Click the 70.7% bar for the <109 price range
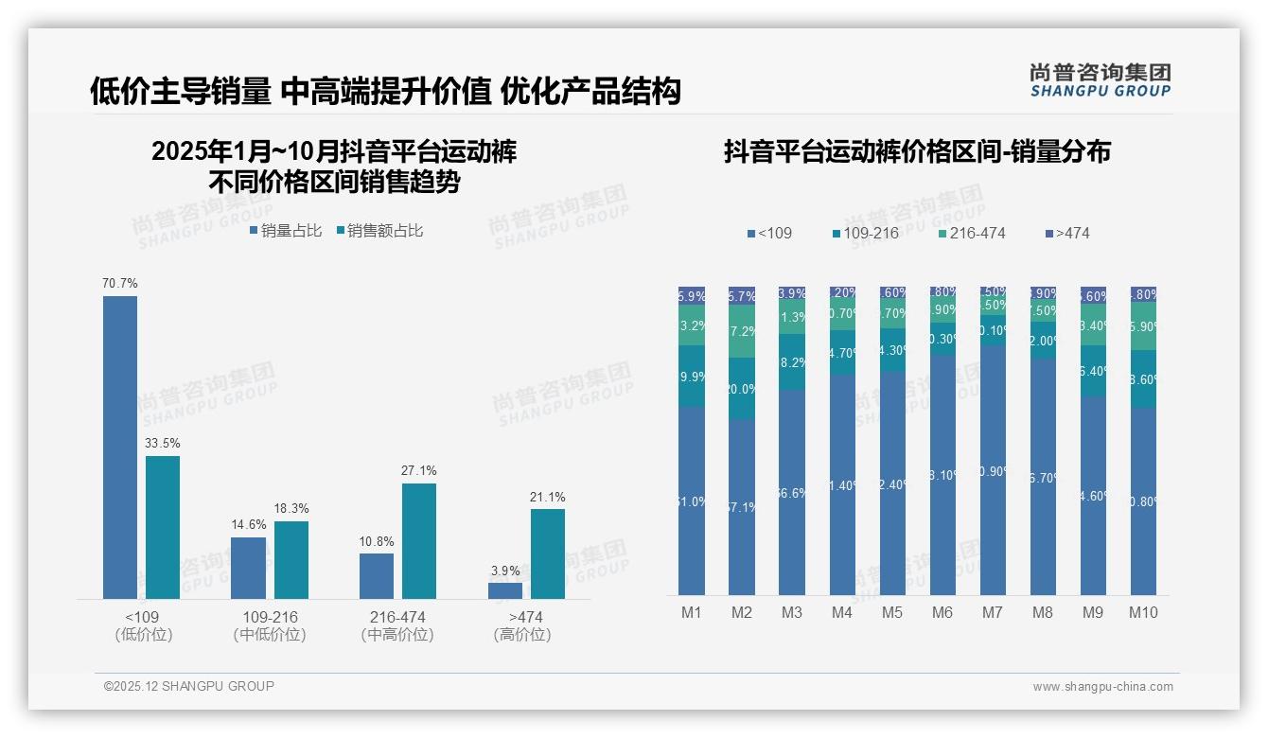[120, 447]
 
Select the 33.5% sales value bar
[163, 527]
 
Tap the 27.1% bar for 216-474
[419, 540]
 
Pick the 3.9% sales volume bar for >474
[505, 590]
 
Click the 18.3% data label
[291, 509]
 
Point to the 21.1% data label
[548, 498]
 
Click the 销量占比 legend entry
[286, 231]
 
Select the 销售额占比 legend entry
[379, 231]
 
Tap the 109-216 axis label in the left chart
[270, 617]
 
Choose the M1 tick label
[692, 613]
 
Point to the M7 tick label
[993, 613]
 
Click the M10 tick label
[1143, 613]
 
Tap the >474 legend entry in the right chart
[1068, 234]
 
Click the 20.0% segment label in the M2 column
[742, 389]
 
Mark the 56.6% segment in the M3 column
[792, 492]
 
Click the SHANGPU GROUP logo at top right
[1101, 80]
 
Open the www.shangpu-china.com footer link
[1102, 687]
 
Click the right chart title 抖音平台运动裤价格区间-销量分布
[917, 152]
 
